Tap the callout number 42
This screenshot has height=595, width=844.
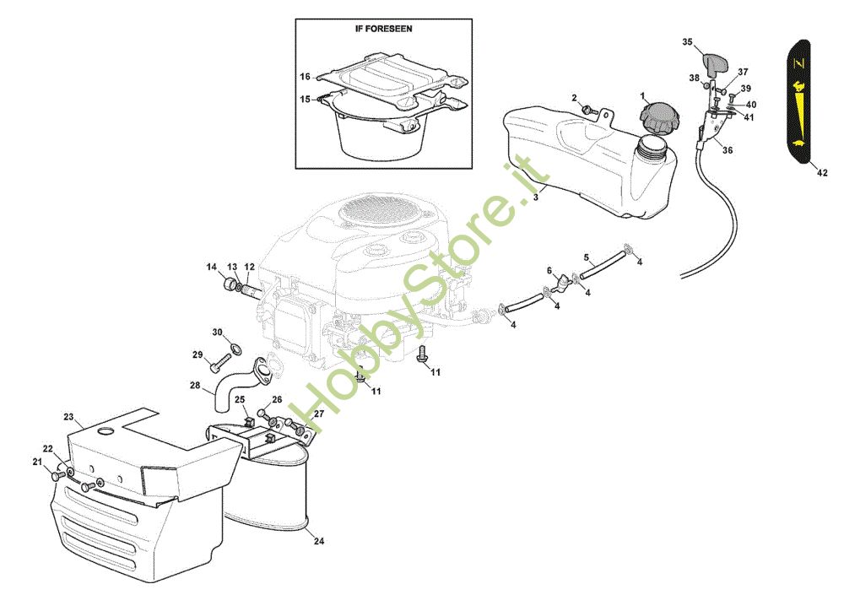821,173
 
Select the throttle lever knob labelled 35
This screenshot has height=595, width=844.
714,62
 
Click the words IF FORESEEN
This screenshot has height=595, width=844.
383,29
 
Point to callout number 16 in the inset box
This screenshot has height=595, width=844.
305,77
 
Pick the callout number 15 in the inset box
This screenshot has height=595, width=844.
305,100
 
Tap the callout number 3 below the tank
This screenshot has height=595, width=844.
535,197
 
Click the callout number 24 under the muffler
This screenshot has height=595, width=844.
319,541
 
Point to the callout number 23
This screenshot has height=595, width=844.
68,417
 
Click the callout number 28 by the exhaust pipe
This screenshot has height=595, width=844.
195,385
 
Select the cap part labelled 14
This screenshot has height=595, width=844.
230,284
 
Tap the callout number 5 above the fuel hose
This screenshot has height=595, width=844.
587,258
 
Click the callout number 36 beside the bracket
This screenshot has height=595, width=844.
728,150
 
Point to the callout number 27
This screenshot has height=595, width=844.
319,414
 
